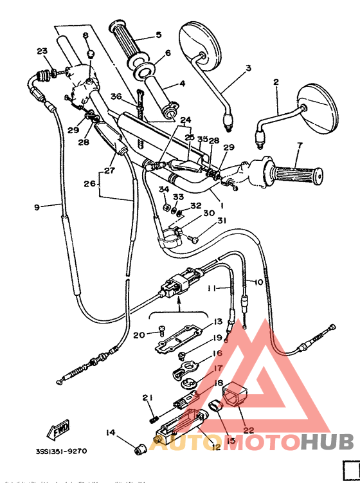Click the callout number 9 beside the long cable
36,206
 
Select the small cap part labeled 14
138,448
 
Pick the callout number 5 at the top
158,35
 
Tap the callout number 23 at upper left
42,51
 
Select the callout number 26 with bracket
88,184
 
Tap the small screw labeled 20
161,332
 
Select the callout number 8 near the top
85,36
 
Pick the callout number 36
116,96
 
